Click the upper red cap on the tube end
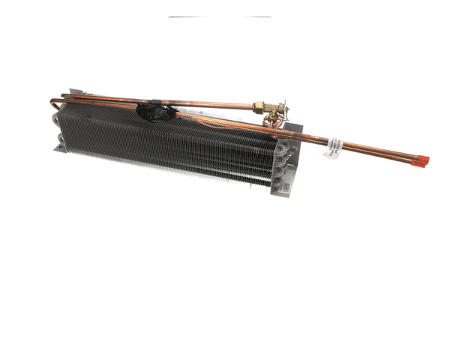click(423, 157)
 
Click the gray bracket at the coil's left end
click(59, 142)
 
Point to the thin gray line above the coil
click(219, 16)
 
